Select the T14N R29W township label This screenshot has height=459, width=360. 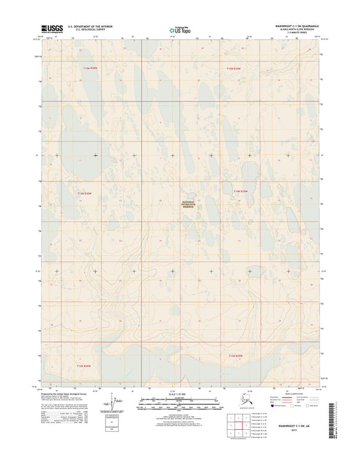241,192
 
